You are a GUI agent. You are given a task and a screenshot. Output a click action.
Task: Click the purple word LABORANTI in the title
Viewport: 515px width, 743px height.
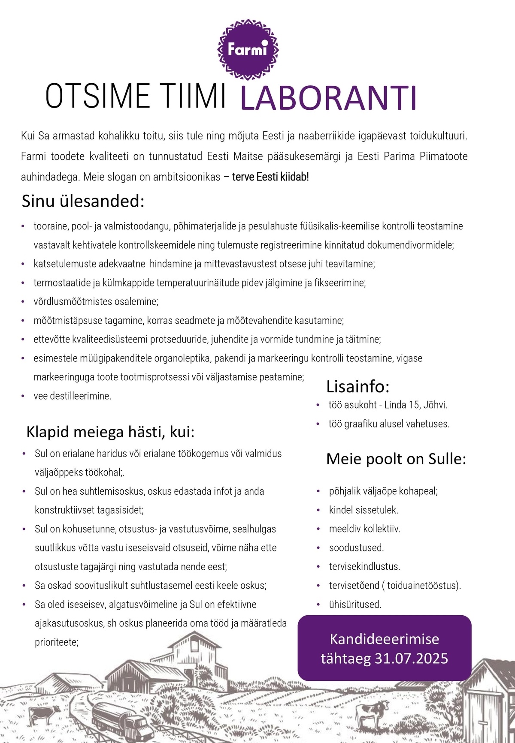click(328, 98)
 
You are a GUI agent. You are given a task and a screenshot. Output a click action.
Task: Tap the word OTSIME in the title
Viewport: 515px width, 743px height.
click(98, 96)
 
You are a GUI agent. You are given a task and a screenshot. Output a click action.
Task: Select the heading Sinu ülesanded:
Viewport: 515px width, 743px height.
click(83, 201)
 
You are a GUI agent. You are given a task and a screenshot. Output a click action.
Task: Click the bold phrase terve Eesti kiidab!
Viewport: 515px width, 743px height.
click(270, 177)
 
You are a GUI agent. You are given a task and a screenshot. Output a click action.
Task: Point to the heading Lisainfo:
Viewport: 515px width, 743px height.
click(357, 387)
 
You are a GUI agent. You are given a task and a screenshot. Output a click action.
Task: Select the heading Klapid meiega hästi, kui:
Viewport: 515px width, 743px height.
click(110, 432)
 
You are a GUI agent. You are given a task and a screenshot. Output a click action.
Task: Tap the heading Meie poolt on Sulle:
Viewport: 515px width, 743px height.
click(396, 459)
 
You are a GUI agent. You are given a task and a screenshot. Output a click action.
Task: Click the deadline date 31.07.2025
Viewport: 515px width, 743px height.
click(411, 659)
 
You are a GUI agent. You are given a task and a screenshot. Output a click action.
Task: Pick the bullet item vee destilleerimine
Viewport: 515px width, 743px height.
click(73, 396)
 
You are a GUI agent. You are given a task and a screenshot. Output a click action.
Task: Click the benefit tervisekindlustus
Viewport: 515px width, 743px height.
click(364, 566)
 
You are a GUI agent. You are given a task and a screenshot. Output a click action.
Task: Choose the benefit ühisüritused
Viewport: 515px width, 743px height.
click(355, 604)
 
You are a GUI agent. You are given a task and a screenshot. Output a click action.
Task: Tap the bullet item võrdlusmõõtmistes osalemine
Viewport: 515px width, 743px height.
click(96, 301)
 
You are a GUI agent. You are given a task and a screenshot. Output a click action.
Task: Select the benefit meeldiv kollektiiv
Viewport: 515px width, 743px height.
click(364, 529)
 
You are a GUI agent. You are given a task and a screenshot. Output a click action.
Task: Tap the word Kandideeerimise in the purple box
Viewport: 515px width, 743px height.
click(384, 639)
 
